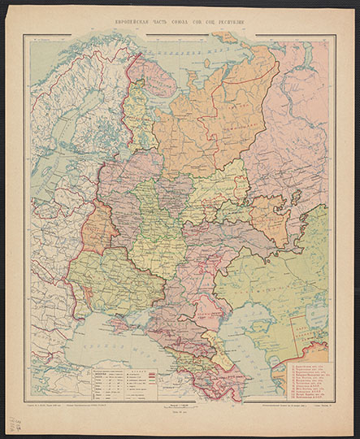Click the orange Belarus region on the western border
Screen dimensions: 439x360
[x=98, y=229]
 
